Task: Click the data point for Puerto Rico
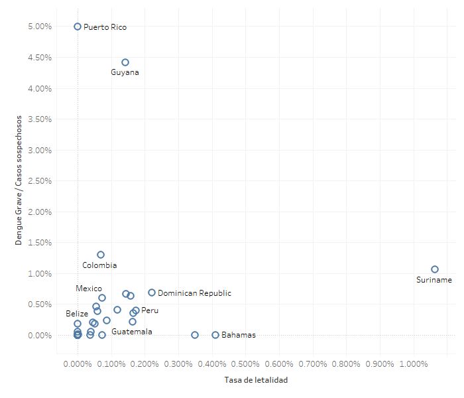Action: tap(78, 27)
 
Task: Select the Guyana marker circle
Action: tap(125, 62)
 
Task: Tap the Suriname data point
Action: tap(435, 269)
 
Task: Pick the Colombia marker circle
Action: tap(101, 255)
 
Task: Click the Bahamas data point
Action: tap(215, 335)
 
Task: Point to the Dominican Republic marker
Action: tap(152, 293)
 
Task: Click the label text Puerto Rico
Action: tap(105, 27)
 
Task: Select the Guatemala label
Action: tap(131, 331)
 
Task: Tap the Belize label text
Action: tap(77, 313)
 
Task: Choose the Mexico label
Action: tap(89, 289)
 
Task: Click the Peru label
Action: tap(150, 310)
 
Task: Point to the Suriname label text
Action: tap(434, 280)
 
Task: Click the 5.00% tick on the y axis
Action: tap(39, 27)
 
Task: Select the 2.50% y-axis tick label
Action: tap(39, 181)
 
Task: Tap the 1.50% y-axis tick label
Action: tap(39, 243)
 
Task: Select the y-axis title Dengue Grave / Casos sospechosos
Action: tap(19, 180)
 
